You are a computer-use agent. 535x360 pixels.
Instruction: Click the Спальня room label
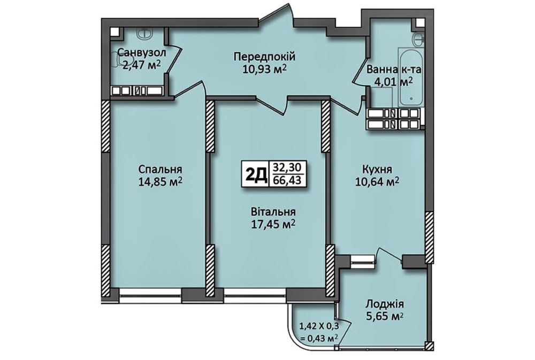(160, 169)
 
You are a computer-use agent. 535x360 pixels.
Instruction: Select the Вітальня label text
(273, 212)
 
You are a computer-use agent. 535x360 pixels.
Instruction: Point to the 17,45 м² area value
(273, 224)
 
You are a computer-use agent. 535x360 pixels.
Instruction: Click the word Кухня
(377, 169)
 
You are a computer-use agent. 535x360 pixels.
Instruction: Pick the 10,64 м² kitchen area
(377, 181)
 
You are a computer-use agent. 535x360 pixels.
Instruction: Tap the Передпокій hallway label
(264, 57)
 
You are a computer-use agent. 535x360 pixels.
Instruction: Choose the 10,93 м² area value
(264, 69)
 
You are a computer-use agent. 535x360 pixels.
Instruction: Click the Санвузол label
(142, 52)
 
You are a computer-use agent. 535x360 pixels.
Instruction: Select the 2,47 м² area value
(142, 65)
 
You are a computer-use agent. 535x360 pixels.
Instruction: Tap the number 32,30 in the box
(287, 167)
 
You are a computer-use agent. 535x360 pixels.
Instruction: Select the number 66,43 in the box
(287, 180)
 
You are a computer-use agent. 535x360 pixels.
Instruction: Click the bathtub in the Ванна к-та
(411, 77)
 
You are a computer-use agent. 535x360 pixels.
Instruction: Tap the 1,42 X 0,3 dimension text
(319, 325)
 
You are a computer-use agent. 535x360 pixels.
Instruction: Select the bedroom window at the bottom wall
(150, 295)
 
